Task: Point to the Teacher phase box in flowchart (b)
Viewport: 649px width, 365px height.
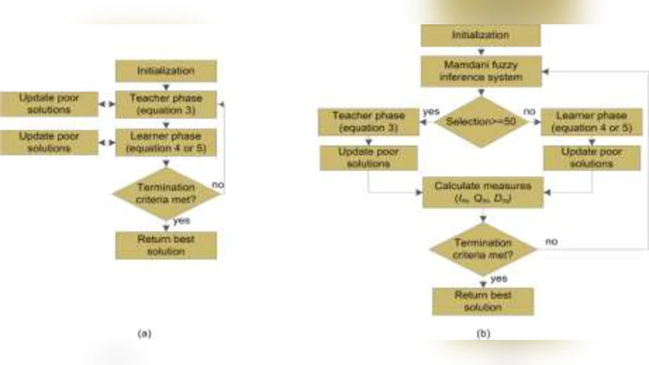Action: pos(367,122)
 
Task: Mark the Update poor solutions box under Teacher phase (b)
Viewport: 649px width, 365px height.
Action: pos(367,158)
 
